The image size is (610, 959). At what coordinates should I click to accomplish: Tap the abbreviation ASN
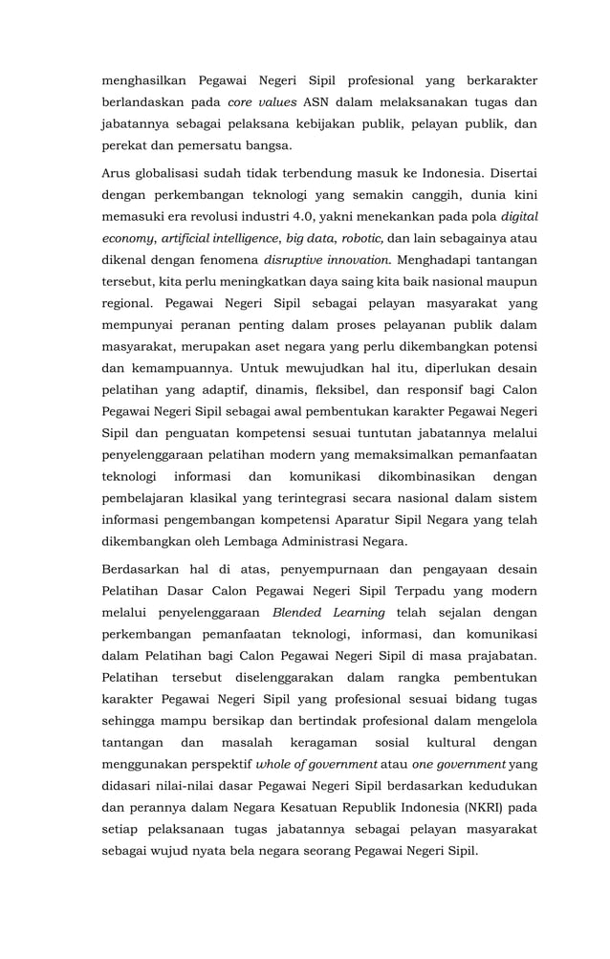click(316, 102)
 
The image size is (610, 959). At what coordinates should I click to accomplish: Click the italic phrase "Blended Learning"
click(329, 613)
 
